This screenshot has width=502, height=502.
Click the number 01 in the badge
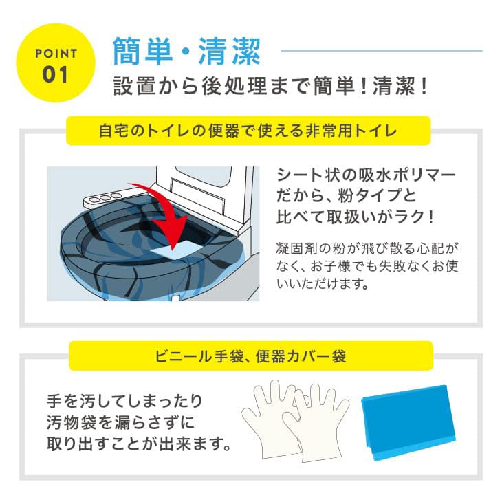56,74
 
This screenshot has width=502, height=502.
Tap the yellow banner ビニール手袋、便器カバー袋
251,356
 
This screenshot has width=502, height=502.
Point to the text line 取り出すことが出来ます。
138,443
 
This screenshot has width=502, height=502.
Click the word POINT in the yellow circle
56,52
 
